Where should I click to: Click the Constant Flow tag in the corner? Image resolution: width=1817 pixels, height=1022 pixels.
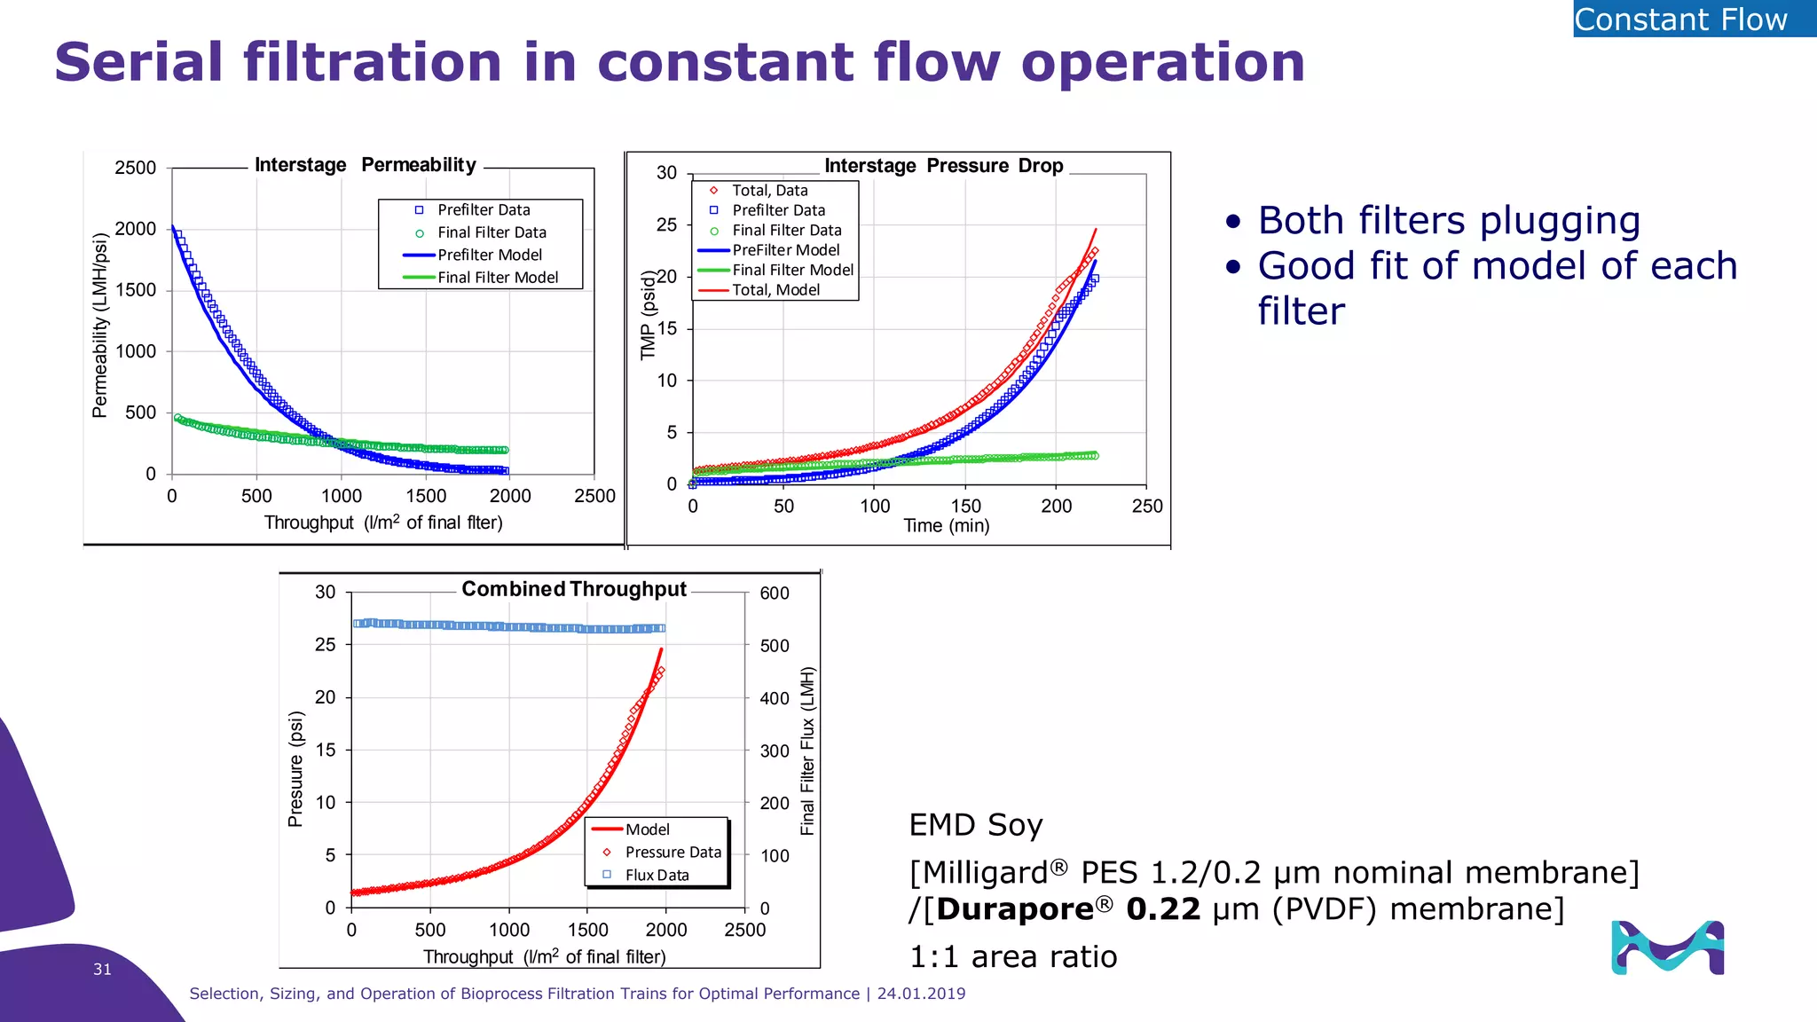tap(1693, 19)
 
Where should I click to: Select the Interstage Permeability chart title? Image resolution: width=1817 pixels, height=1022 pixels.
tap(366, 165)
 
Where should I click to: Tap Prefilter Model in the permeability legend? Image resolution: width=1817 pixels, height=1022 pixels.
tap(489, 255)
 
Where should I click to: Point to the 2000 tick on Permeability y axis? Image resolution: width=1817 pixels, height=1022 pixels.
tap(135, 229)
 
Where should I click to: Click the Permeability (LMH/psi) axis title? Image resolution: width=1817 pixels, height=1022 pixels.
tap(100, 325)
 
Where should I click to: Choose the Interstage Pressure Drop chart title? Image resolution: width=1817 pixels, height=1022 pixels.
tap(943, 166)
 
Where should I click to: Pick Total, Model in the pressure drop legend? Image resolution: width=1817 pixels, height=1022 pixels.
tap(775, 290)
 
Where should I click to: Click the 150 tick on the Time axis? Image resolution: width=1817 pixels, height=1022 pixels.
tap(965, 506)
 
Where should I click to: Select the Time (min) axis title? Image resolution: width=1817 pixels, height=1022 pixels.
tap(946, 525)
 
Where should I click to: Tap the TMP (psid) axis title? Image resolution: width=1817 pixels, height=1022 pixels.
tap(649, 315)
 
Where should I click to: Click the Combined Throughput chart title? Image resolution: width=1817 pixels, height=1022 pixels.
tap(573, 589)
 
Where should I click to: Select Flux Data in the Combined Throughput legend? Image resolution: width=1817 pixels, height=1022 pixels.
tap(657, 875)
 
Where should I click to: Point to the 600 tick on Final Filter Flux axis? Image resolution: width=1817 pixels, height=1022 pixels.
tap(774, 594)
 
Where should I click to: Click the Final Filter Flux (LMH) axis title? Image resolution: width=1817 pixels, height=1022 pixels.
tap(807, 751)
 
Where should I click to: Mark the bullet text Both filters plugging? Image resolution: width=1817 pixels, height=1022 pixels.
tap(1448, 221)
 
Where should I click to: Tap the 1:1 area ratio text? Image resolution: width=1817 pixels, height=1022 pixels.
tap(1012, 956)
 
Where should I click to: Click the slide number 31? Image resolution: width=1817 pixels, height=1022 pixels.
tap(102, 969)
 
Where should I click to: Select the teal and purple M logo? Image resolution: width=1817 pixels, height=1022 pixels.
tap(1667, 947)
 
